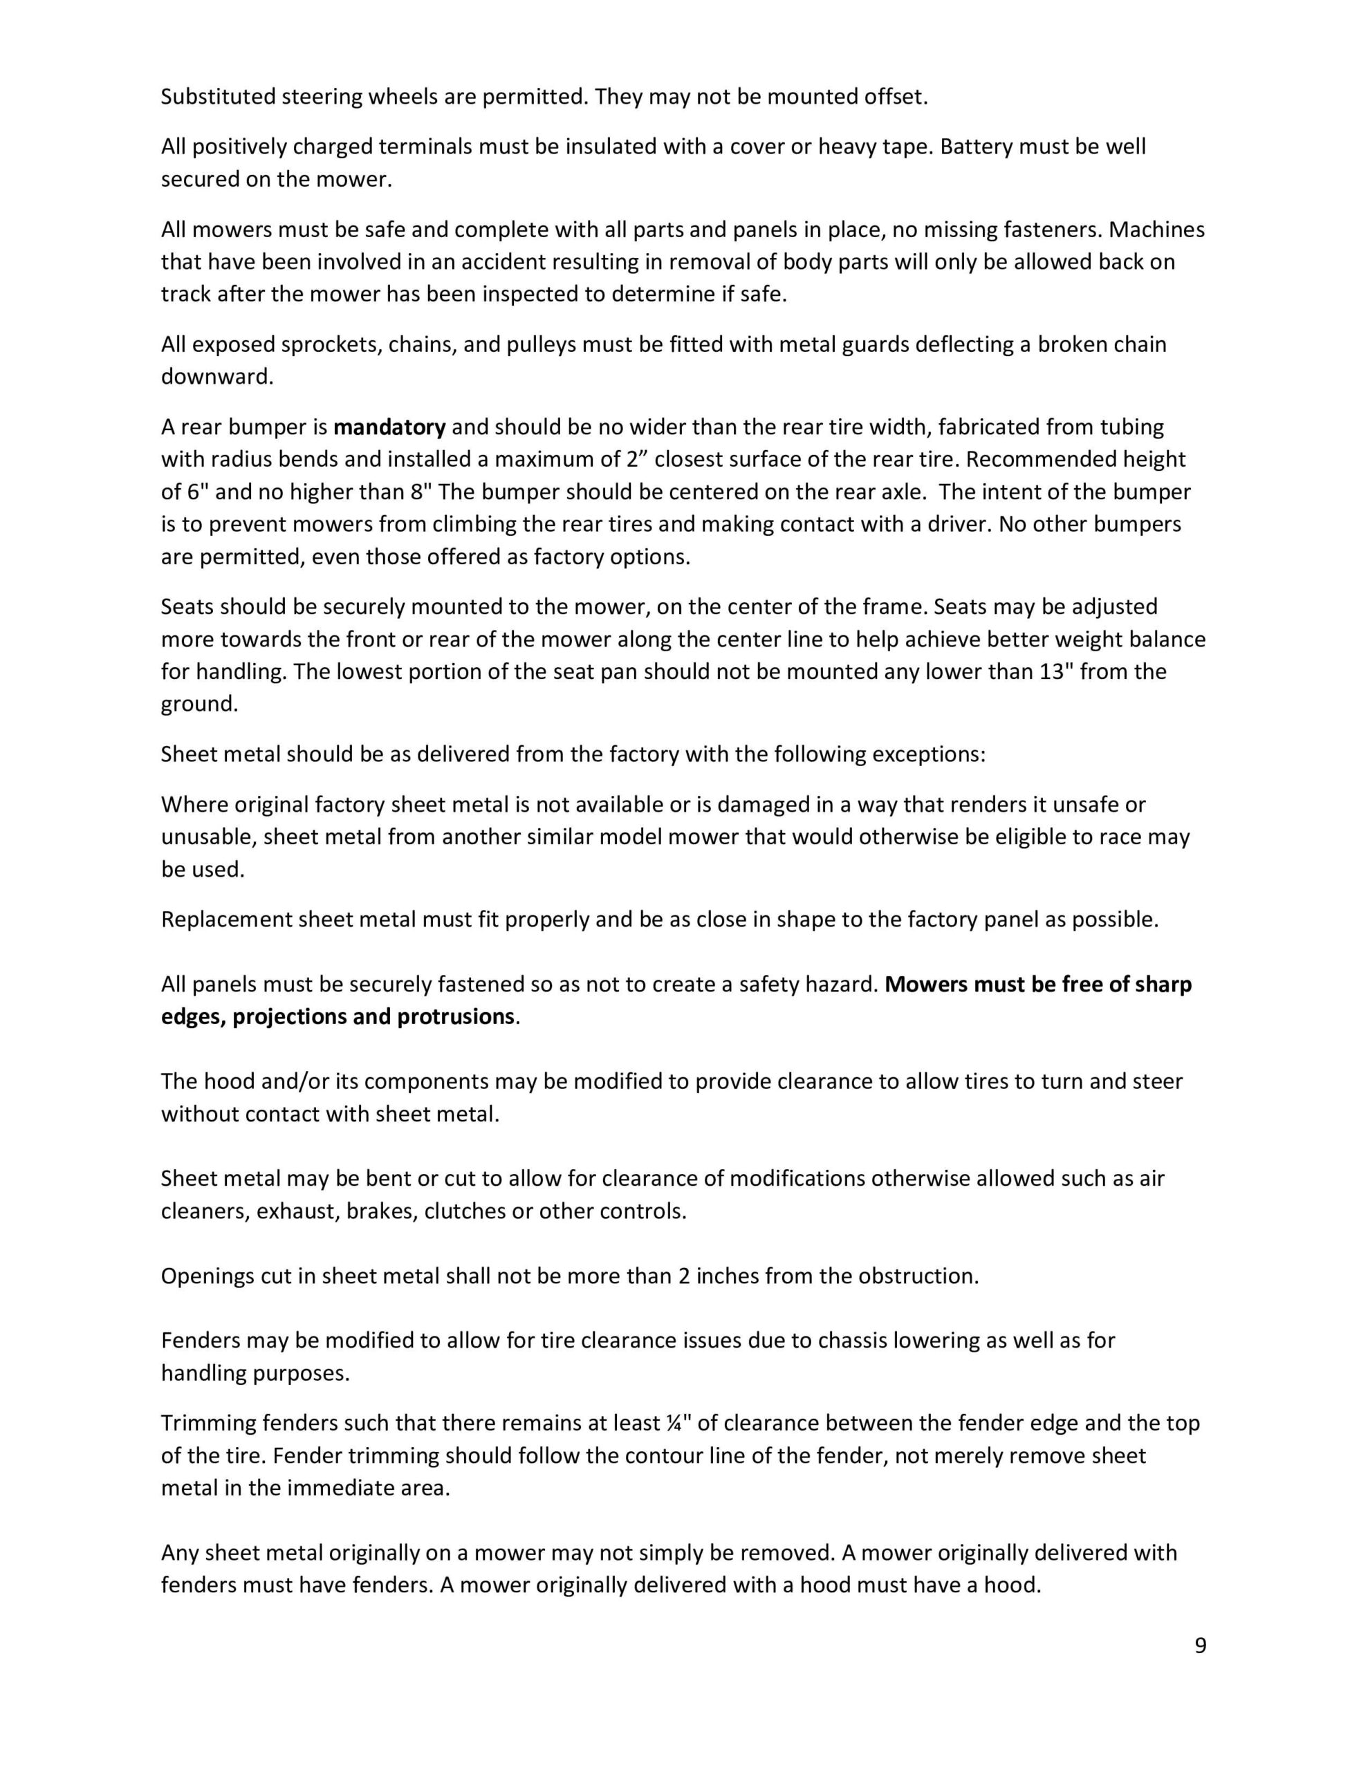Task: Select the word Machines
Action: (1156, 230)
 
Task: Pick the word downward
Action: (217, 377)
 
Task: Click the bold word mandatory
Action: (389, 427)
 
